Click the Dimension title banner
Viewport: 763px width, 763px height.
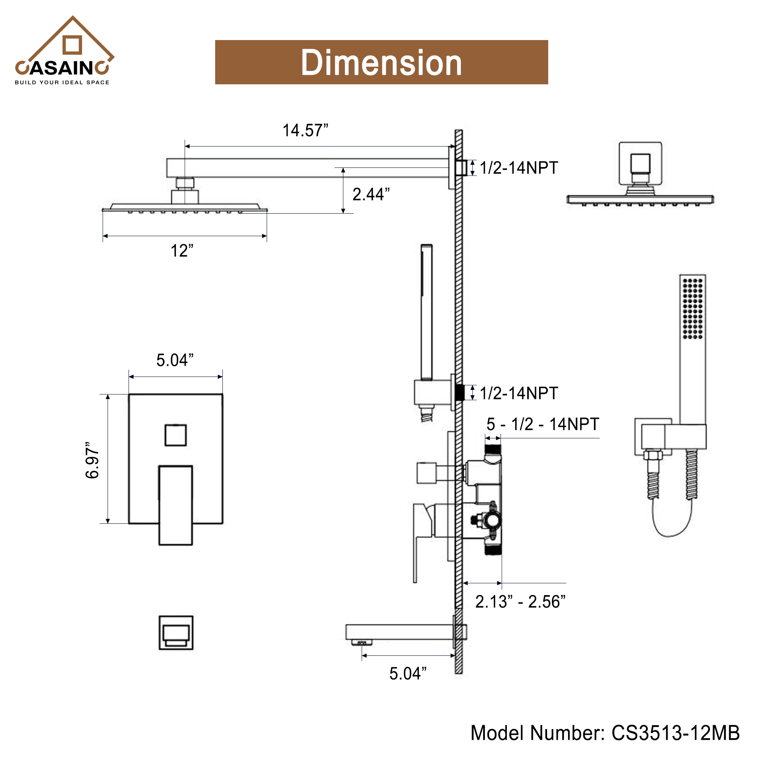381,62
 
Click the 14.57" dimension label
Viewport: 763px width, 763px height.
305,130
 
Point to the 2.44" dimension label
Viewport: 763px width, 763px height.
371,194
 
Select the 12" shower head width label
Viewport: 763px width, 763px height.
182,251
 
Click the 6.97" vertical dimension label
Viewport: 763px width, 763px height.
92,460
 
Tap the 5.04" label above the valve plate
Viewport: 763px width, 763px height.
175,360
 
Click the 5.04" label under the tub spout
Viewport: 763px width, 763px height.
407,673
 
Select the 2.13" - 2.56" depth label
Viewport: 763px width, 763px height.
520,602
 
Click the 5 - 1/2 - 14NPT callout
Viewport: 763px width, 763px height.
542,424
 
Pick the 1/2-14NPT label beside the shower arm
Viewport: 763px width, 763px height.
518,168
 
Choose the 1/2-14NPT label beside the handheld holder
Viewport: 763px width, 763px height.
518,393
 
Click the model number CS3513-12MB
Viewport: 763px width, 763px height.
605,733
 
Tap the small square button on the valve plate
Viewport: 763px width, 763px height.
175,435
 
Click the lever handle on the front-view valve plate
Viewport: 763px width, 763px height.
175,505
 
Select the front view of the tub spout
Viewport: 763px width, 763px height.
176,632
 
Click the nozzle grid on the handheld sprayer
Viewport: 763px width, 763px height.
692,308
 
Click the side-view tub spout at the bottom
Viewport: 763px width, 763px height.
399,632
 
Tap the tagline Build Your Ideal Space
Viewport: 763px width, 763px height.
62,82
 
